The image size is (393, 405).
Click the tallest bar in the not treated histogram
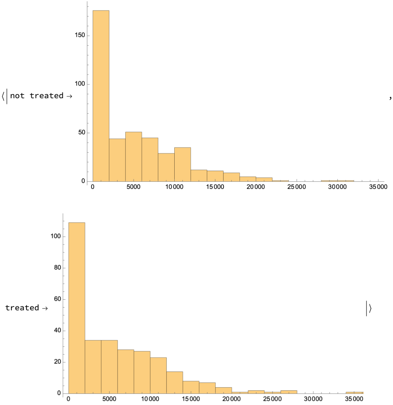pyautogui.click(x=101, y=96)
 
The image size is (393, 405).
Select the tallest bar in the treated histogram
pyautogui.click(x=77, y=308)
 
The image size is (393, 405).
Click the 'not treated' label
pyautogui.click(x=37, y=96)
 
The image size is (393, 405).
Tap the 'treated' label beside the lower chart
pyautogui.click(x=22, y=308)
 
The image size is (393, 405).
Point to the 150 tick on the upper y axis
pyautogui.click(x=80, y=36)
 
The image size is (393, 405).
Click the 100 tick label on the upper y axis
pyautogui.click(x=80, y=84)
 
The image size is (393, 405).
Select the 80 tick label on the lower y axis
pyautogui.click(x=57, y=268)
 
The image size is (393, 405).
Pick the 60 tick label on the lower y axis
pyautogui.click(x=57, y=299)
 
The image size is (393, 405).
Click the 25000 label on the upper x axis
pyautogui.click(x=296, y=187)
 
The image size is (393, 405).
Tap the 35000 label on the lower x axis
pyautogui.click(x=354, y=399)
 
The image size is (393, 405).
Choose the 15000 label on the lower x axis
pyautogui.click(x=191, y=399)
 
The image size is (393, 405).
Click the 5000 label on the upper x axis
pyautogui.click(x=133, y=187)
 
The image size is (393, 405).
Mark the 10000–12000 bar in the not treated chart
pyautogui.click(x=182, y=165)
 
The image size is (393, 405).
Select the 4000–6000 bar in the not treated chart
pyautogui.click(x=134, y=157)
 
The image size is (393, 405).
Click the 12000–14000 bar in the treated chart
pyautogui.click(x=175, y=382)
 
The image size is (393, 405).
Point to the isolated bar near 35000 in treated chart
pyautogui.click(x=354, y=392)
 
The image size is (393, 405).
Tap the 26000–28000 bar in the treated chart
pyautogui.click(x=289, y=392)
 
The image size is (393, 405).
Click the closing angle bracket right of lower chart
pyautogui.click(x=370, y=309)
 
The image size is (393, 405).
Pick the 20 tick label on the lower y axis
pyautogui.click(x=57, y=362)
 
